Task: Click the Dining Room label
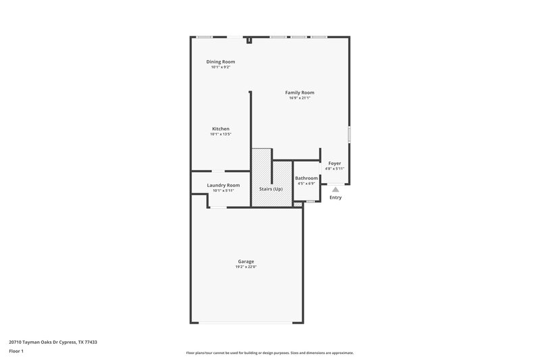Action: (221, 61)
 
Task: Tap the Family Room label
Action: (299, 93)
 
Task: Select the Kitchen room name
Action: (221, 128)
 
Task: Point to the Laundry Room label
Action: (223, 185)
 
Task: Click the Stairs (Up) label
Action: (272, 188)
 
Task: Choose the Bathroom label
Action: (306, 178)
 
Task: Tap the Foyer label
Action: (335, 163)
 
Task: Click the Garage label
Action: (246, 261)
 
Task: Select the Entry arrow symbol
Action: (335, 190)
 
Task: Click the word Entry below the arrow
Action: (335, 198)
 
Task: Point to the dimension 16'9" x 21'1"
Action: (299, 99)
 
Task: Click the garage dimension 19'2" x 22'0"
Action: (246, 267)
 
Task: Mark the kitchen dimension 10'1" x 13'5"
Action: (221, 134)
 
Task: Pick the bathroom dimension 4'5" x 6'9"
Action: (306, 184)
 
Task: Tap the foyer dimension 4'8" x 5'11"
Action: (335, 169)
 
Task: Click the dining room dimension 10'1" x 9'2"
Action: (221, 68)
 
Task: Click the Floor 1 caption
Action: (17, 352)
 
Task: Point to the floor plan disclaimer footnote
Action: (269, 353)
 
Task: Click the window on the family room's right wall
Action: (349, 134)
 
